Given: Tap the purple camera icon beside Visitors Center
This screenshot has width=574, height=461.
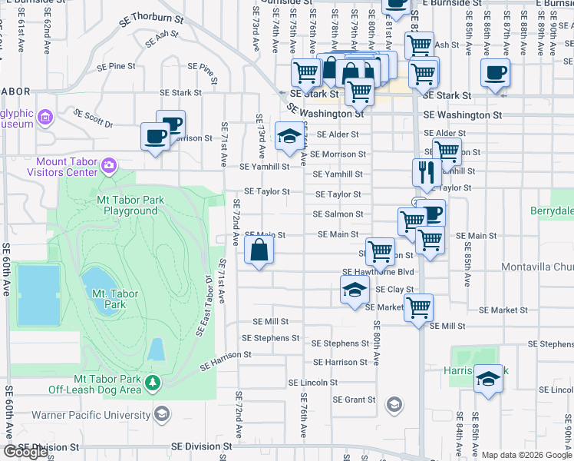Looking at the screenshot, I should tap(109, 165).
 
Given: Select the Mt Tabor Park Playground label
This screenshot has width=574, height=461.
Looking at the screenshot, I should tap(131, 205).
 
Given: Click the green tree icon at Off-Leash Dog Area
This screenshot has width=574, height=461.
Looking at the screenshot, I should tap(153, 382).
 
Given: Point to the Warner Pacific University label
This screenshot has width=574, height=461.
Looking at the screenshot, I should tap(91, 415).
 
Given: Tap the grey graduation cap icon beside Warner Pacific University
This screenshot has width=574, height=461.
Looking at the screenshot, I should tap(161, 415).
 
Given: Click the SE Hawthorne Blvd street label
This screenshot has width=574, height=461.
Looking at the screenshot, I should tap(378, 271).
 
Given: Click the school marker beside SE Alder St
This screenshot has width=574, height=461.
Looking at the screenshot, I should tap(289, 137).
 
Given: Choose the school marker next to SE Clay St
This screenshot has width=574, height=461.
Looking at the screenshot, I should tap(354, 290).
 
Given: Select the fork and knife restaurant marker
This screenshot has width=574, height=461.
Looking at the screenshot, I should tap(424, 173).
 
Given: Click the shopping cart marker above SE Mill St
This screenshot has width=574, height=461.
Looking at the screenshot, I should tap(419, 307).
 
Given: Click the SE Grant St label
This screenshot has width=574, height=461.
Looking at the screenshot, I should tap(354, 400).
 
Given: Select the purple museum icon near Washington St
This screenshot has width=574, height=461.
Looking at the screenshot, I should tap(45, 118).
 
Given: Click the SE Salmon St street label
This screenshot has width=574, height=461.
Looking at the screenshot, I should tap(338, 214).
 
